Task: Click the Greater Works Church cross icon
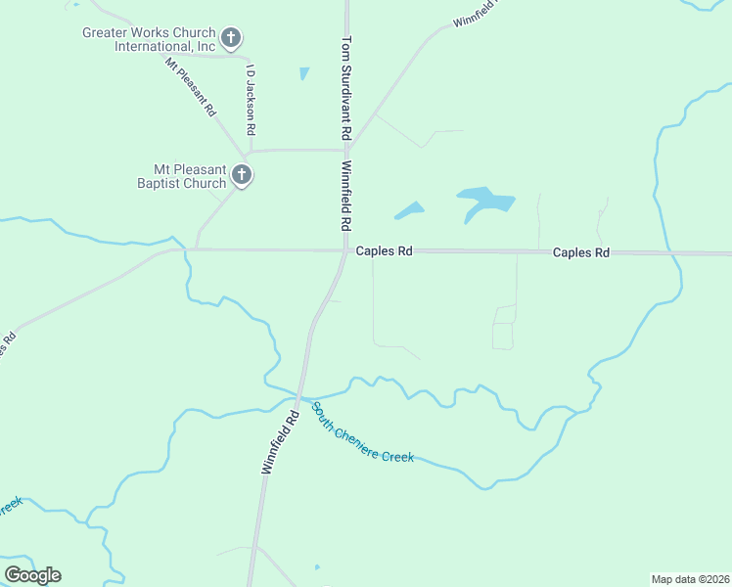click(x=231, y=39)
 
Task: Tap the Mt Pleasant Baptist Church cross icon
click(x=243, y=176)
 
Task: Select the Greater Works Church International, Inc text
click(x=148, y=39)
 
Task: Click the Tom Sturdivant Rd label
click(x=345, y=89)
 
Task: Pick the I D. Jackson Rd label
click(x=252, y=100)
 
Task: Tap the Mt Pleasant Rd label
click(x=191, y=88)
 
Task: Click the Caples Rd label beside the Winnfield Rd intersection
click(x=384, y=251)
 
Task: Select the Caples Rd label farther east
click(x=580, y=252)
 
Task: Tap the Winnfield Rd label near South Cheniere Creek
click(x=280, y=442)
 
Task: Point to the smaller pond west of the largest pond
click(x=409, y=209)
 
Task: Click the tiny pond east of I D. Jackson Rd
click(x=304, y=73)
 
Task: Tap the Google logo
click(x=32, y=575)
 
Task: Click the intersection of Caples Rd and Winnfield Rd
click(x=345, y=251)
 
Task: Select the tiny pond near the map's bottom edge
click(x=317, y=566)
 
